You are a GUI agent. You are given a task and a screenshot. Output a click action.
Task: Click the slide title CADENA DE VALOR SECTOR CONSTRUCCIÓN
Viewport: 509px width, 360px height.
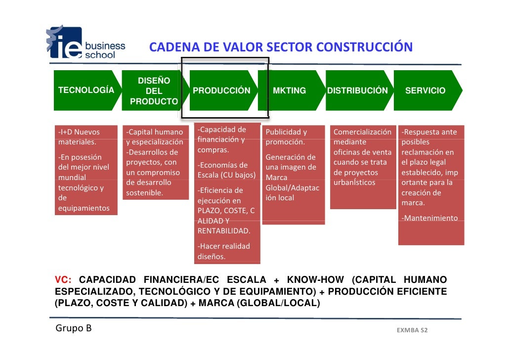pos(281,47)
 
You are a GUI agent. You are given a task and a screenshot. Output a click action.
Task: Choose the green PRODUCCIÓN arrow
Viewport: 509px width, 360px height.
pos(221,91)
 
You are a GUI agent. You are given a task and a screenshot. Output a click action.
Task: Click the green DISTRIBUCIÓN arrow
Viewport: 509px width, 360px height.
pos(357,91)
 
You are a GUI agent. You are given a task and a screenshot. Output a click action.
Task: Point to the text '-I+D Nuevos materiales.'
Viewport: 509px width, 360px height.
pos(79,137)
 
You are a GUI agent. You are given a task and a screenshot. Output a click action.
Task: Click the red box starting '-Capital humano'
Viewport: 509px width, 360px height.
pos(155,162)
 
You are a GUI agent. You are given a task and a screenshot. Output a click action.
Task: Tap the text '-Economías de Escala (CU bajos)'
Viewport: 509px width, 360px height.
pos(226,170)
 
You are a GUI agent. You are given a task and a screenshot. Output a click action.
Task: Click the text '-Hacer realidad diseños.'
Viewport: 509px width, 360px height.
pos(224,251)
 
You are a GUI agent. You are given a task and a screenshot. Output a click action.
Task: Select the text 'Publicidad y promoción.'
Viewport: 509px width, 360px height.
pos(286,137)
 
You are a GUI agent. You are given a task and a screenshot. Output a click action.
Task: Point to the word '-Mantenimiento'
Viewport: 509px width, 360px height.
pos(429,218)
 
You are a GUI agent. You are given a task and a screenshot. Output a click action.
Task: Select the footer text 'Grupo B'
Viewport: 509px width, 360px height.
pos(74,328)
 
